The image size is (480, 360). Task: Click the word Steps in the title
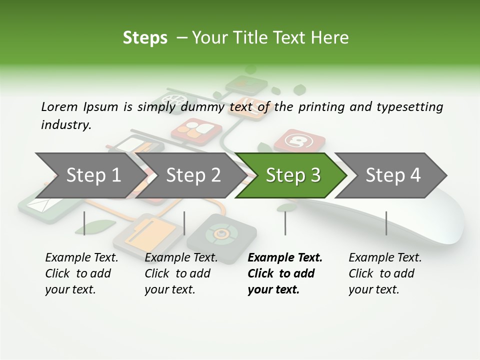pyautogui.click(x=145, y=37)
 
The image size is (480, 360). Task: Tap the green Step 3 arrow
pyautogui.click(x=293, y=175)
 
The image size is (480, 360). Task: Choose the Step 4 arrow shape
pyautogui.click(x=393, y=175)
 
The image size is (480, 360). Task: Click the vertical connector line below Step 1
pyautogui.click(x=84, y=223)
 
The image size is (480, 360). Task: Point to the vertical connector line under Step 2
pyautogui.click(x=184, y=223)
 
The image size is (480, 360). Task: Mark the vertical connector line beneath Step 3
pyautogui.click(x=285, y=223)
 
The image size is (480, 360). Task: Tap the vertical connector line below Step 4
pyautogui.click(x=386, y=223)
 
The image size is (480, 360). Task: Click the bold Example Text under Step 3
pyautogui.click(x=285, y=273)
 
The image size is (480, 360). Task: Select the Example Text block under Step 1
pyautogui.click(x=81, y=273)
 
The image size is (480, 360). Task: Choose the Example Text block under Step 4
pyautogui.click(x=385, y=273)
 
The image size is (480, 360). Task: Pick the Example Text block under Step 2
pyautogui.click(x=181, y=273)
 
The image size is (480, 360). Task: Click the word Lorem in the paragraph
pyautogui.click(x=59, y=106)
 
